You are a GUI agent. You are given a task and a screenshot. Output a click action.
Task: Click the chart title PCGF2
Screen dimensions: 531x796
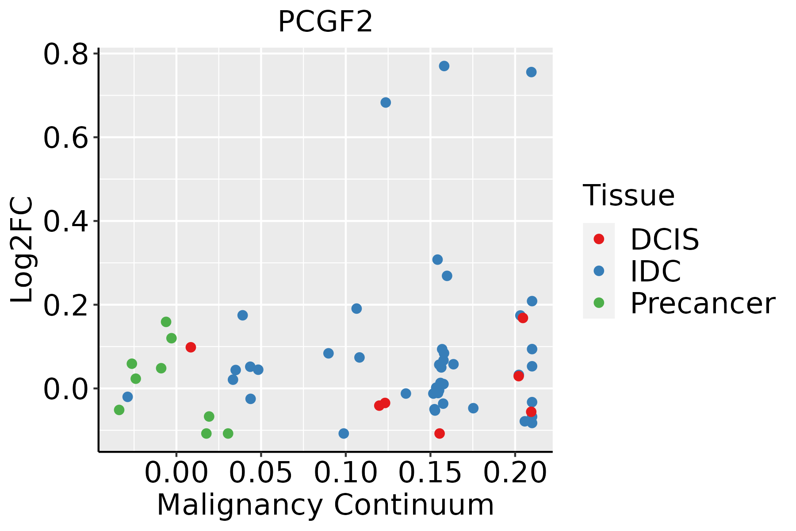(325, 22)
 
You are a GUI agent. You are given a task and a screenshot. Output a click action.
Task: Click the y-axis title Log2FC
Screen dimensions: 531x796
(22, 250)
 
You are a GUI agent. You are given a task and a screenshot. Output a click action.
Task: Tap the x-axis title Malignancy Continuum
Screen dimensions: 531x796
(325, 505)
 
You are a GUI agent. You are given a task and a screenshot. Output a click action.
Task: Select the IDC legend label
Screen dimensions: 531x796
(655, 271)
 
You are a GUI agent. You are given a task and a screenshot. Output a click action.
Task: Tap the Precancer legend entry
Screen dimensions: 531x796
(702, 304)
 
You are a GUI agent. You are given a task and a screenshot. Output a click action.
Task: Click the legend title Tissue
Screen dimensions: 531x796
(628, 195)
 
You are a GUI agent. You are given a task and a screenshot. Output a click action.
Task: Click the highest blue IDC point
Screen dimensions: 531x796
(444, 66)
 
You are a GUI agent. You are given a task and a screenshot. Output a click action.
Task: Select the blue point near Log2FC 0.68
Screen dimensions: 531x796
(386, 103)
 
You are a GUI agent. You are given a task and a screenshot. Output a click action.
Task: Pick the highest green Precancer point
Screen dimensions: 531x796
(166, 322)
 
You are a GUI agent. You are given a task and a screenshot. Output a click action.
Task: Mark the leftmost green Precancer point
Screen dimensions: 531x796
(119, 410)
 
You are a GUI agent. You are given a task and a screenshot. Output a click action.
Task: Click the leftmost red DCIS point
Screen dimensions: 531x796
(191, 347)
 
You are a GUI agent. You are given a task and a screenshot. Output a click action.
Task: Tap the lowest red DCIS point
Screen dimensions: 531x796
(439, 433)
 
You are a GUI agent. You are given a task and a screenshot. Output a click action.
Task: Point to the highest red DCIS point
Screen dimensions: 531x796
(523, 318)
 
